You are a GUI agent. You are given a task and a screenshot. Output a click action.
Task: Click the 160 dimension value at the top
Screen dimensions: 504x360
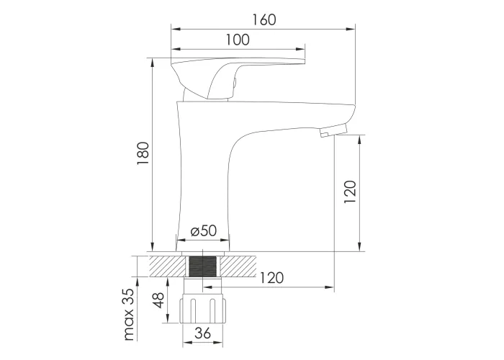264,20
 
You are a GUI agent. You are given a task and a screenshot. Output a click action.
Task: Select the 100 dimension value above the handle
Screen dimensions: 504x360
238,40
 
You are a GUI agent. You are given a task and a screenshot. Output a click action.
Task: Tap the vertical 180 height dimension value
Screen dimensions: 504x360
143,153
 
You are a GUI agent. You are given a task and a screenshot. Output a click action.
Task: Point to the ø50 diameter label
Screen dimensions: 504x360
204,231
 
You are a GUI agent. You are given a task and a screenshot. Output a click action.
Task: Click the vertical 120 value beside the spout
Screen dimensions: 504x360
350,192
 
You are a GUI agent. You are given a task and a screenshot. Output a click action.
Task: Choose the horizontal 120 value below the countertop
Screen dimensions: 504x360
271,278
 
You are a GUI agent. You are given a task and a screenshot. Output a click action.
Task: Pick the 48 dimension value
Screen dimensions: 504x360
158,300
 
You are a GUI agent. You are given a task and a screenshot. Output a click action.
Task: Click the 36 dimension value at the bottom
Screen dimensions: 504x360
203,333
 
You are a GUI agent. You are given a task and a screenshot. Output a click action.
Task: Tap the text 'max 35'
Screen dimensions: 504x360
129,315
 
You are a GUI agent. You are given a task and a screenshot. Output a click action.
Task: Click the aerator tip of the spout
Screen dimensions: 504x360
333,131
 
